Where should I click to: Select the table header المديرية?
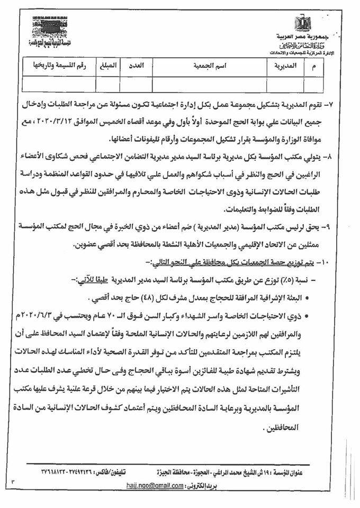pos(284,68)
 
